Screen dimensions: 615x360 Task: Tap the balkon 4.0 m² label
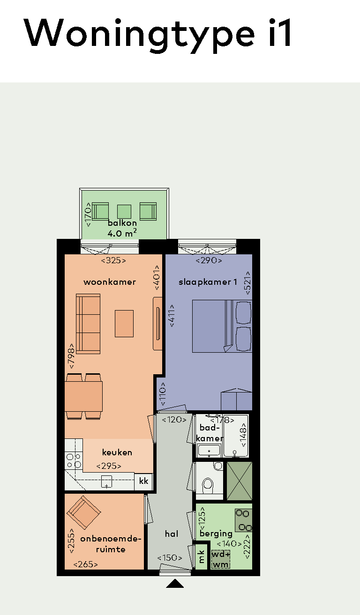tap(122, 228)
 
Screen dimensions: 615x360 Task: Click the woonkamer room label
tap(110, 282)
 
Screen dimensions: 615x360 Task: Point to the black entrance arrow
tap(175, 583)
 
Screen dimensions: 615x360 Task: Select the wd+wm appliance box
tap(221, 559)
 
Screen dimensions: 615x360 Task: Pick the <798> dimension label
tap(71, 356)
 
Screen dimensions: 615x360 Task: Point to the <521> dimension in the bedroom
tap(247, 283)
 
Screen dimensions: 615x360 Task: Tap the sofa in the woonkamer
tap(88, 324)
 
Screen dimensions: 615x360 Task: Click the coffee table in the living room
tap(124, 324)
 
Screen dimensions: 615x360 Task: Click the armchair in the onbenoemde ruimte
tap(84, 512)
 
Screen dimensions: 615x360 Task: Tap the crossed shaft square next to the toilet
tap(240, 481)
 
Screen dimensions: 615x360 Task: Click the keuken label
tap(117, 452)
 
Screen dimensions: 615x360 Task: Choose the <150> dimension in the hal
tap(169, 558)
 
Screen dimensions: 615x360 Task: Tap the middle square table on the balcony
tap(124, 212)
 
